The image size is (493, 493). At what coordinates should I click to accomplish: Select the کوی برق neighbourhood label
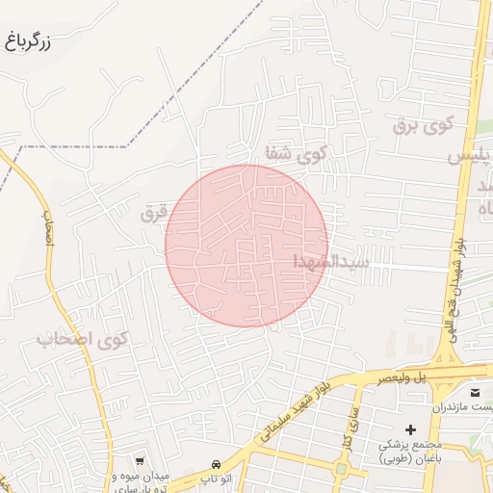(x=422, y=125)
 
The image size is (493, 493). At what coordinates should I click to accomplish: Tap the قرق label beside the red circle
(x=154, y=214)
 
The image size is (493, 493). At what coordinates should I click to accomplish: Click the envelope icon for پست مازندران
(x=475, y=393)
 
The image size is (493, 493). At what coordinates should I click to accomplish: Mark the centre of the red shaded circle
(x=246, y=246)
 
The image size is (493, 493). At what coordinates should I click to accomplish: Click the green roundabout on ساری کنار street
(x=341, y=469)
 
